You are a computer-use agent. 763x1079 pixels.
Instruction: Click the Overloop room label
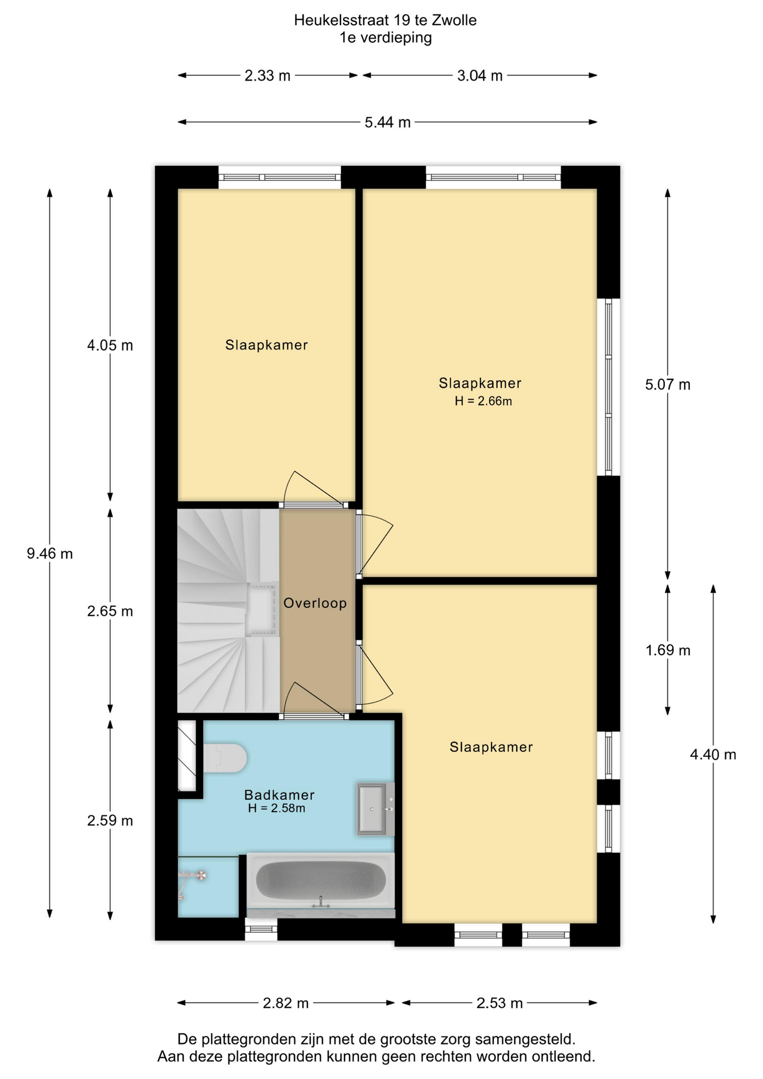(x=315, y=603)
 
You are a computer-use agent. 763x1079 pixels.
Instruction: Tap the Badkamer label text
(x=279, y=795)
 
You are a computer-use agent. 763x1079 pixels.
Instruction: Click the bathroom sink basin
(x=375, y=809)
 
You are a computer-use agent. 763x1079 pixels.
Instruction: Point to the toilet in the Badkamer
(x=225, y=758)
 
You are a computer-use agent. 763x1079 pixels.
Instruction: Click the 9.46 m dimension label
(x=50, y=554)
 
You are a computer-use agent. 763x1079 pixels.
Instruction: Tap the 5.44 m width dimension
(x=388, y=122)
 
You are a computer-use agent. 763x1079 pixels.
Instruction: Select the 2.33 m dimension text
(x=267, y=75)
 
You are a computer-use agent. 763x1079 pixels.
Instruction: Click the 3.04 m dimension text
(x=480, y=75)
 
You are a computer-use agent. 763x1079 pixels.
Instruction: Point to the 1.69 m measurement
(x=668, y=650)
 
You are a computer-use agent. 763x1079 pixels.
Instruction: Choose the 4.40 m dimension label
(x=713, y=754)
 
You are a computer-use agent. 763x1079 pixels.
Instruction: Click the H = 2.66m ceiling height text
(x=483, y=401)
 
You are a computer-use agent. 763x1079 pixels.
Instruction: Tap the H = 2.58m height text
(x=276, y=808)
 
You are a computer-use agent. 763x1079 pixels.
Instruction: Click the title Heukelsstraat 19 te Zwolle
(x=385, y=20)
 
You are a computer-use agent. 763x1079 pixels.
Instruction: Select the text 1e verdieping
(x=385, y=38)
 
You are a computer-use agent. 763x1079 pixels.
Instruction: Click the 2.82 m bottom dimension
(x=286, y=1003)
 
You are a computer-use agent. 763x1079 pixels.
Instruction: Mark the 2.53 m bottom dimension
(x=500, y=1003)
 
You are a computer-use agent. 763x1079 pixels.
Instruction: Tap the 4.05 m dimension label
(x=110, y=345)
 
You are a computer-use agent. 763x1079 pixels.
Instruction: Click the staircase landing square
(x=263, y=609)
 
